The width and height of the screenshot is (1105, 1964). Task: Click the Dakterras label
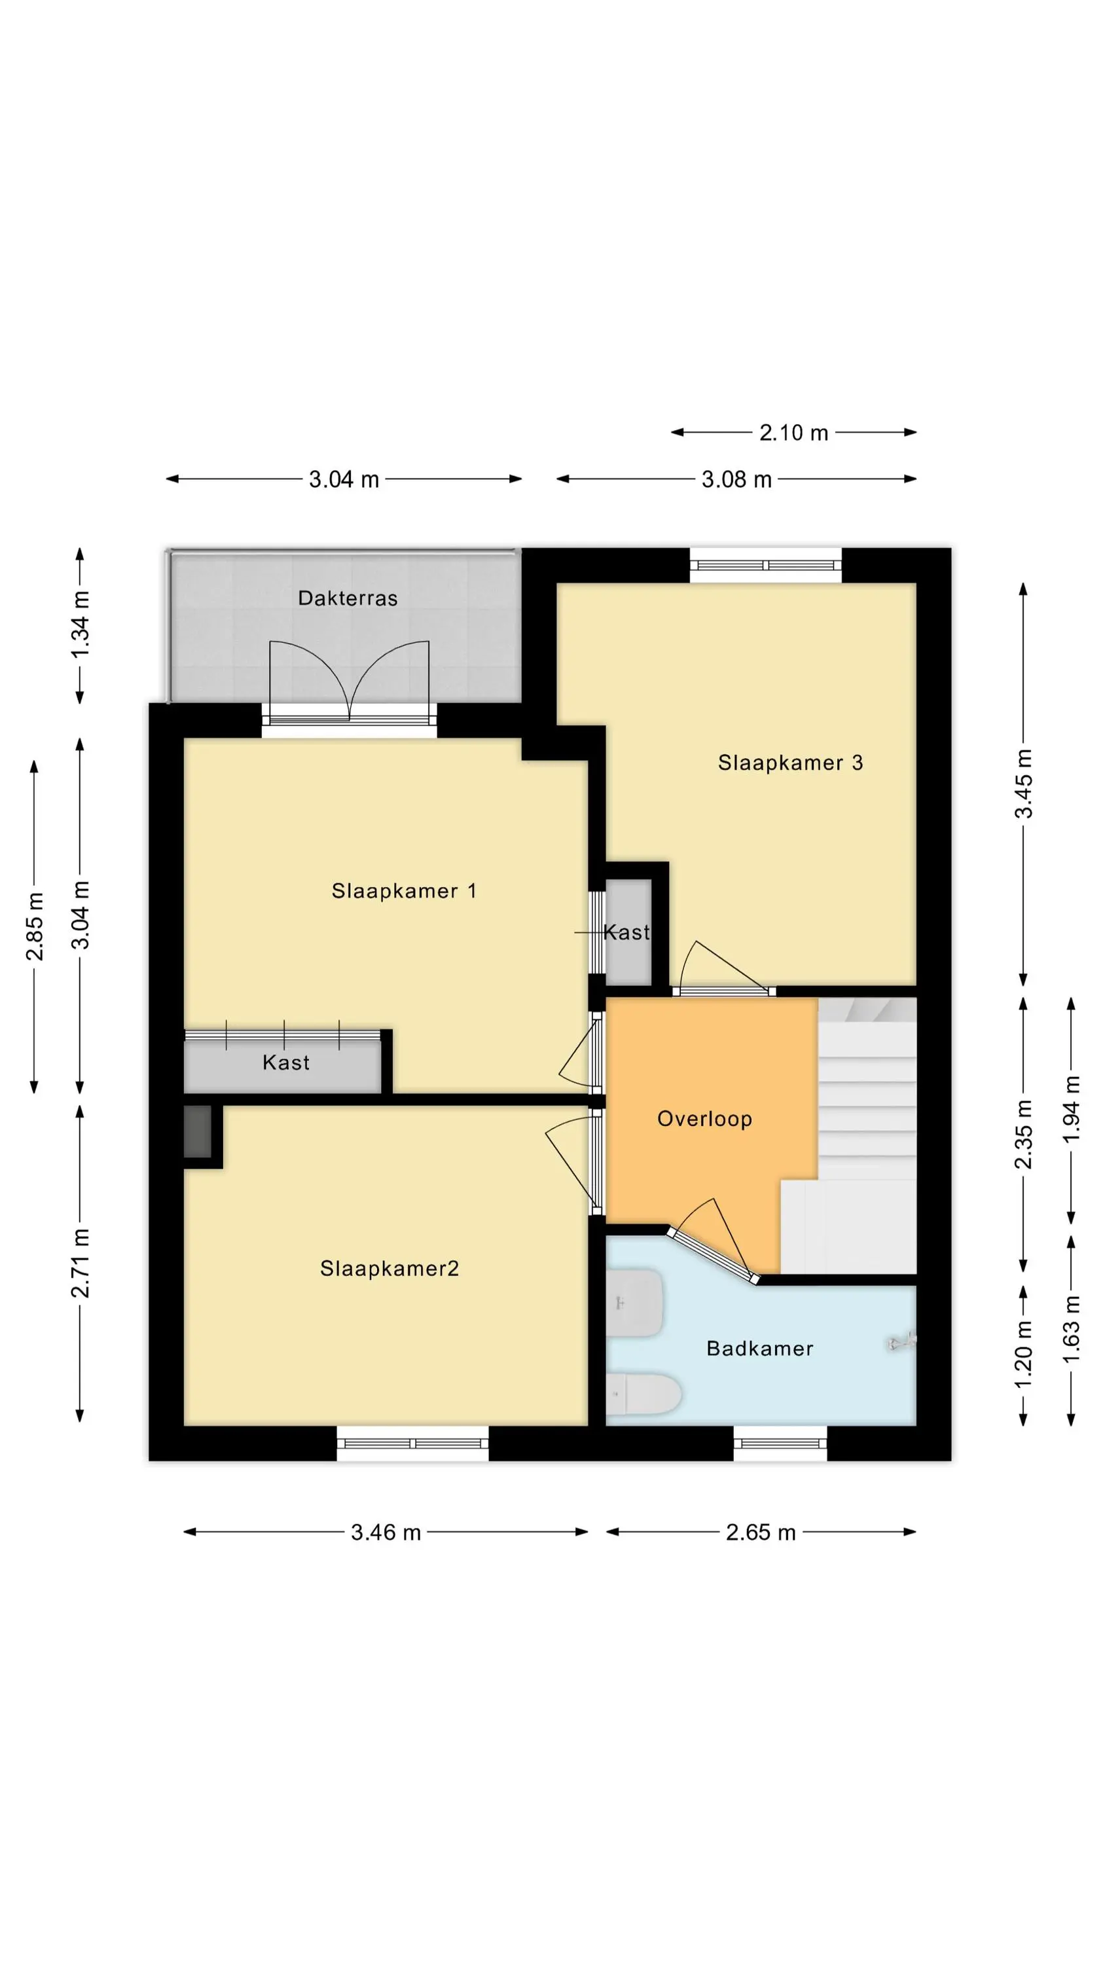[348, 598]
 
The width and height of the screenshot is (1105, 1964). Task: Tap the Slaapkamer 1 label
[404, 890]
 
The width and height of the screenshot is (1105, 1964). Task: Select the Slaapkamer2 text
[389, 1268]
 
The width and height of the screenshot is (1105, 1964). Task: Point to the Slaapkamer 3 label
[791, 763]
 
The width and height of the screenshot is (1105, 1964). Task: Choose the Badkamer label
[759, 1349]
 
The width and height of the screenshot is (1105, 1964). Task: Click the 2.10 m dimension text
[794, 433]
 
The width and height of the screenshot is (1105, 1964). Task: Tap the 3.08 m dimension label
[736, 480]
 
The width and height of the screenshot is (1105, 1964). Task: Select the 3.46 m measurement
[386, 1533]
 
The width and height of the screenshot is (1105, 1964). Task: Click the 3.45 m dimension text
[1023, 784]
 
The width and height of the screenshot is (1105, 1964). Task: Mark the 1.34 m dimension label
[80, 625]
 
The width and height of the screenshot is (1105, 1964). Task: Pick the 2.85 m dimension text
[34, 926]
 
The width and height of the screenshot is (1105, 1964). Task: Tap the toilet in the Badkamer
[644, 1394]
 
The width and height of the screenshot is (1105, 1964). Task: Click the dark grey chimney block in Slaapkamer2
[198, 1131]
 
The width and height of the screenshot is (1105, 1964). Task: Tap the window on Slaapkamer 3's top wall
[766, 566]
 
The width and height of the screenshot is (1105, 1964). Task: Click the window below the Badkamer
[780, 1444]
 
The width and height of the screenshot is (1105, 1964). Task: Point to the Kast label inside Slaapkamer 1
[286, 1062]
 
